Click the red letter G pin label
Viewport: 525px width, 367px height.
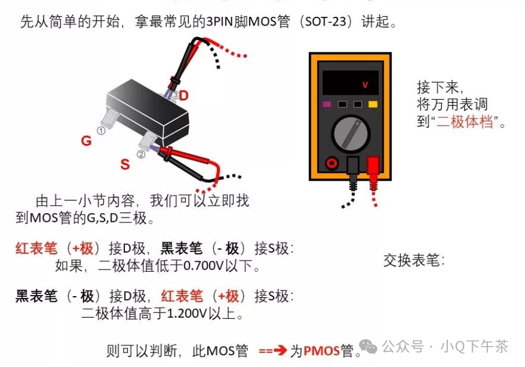pos(86,141)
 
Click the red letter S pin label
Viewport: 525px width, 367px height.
pos(125,164)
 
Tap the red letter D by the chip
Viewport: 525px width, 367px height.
pos(184,96)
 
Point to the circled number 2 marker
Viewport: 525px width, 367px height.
pos(141,154)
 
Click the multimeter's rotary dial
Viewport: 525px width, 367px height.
pos(351,134)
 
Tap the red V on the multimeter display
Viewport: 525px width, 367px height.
pos(365,85)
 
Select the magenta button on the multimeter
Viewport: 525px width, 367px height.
pos(327,105)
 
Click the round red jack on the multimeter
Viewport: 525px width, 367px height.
pos(332,164)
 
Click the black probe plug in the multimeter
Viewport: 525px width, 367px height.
pos(353,168)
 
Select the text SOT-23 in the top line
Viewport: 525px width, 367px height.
pos(326,23)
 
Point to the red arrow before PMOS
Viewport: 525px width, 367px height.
pos(274,351)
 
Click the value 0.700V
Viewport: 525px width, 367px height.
pos(203,267)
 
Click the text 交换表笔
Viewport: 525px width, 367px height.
pos(413,260)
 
